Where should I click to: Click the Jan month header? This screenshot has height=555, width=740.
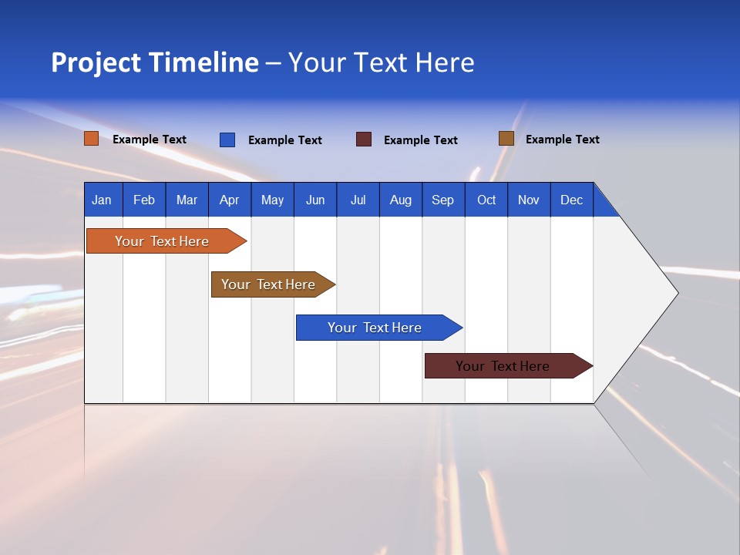point(102,200)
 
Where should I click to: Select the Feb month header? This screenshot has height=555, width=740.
point(144,200)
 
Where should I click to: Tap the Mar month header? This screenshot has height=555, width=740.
point(187,200)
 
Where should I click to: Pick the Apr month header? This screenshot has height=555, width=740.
point(229,200)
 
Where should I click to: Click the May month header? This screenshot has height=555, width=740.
point(272,200)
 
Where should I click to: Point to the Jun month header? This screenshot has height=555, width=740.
point(315,200)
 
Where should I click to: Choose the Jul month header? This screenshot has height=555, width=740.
point(358,200)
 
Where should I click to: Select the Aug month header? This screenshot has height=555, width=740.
point(400,200)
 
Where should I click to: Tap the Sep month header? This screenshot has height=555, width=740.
point(442,200)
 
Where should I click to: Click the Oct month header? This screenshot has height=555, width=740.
point(486,200)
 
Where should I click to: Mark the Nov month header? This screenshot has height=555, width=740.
point(529,200)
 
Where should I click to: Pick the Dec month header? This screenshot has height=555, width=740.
point(571,200)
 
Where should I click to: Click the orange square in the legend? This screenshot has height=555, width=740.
point(91,139)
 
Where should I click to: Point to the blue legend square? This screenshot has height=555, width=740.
point(227,140)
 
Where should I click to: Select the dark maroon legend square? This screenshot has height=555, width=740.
point(364,140)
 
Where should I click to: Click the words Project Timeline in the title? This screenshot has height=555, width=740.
point(155,62)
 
